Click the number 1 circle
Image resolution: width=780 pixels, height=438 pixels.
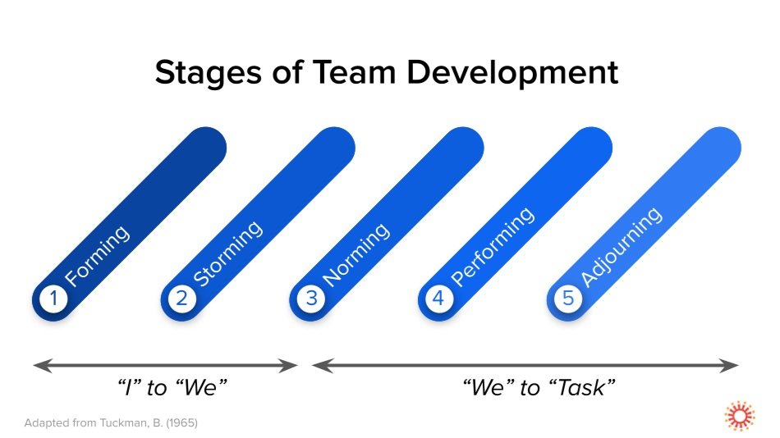coord(53,299)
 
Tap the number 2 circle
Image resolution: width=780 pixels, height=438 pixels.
coord(181,299)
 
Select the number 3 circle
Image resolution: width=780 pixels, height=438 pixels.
coord(311,299)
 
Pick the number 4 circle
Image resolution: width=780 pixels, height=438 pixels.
coord(438,299)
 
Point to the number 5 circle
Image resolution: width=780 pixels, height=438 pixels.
coord(567,299)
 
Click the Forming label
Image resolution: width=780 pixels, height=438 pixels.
coord(97,255)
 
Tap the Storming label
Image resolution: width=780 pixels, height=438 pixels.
coord(227,253)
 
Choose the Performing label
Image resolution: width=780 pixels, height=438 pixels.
coord(493,246)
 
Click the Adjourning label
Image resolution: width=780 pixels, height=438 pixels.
coord(621,247)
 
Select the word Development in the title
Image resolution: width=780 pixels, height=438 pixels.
coord(513,73)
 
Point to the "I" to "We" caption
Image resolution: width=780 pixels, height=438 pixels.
coord(168,387)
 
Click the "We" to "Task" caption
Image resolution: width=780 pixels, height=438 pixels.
coord(539,387)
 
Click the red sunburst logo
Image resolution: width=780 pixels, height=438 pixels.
coord(739,417)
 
